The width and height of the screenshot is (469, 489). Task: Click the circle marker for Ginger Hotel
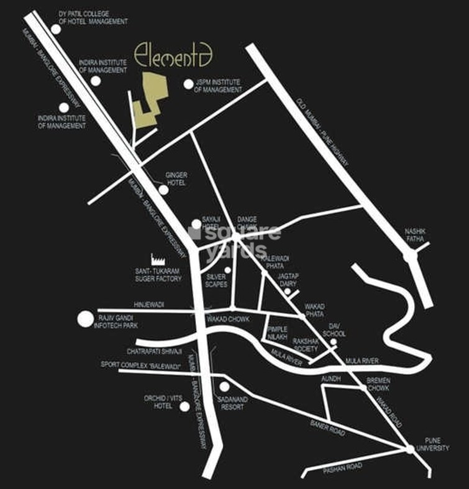163,190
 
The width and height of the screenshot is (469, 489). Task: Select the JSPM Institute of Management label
218,86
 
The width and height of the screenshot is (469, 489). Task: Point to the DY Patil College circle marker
56,29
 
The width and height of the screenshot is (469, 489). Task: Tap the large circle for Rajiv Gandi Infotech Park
84,320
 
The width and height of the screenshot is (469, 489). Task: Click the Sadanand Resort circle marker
224,387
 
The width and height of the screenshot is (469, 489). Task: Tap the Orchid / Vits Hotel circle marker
184,407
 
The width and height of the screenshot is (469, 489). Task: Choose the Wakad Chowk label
228,319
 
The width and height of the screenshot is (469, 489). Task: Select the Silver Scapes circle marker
228,270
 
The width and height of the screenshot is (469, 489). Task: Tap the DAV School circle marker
334,342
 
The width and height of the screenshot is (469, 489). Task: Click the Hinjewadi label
148,304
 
